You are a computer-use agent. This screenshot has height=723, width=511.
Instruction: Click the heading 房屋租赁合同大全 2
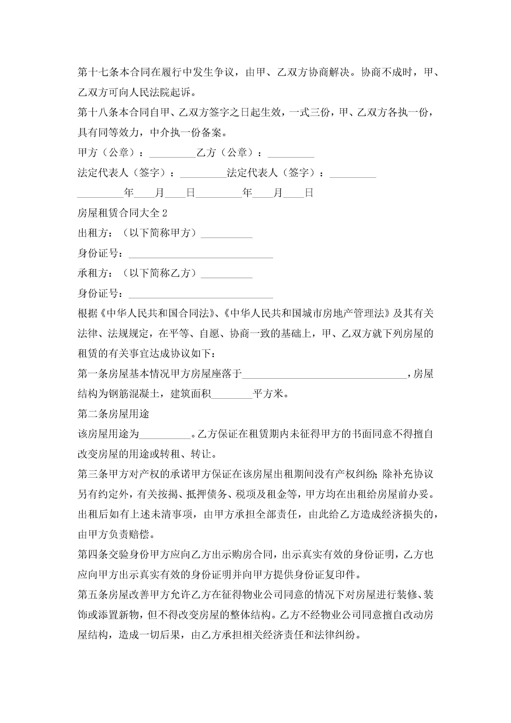pyautogui.click(x=122, y=213)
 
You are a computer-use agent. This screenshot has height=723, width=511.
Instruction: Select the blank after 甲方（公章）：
pyautogui.click(x=172, y=153)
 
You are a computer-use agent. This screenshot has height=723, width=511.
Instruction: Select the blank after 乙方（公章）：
pyautogui.click(x=291, y=153)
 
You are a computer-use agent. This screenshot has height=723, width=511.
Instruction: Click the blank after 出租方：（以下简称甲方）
pyautogui.click(x=226, y=234)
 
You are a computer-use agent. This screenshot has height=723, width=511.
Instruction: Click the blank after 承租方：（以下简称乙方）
pyautogui.click(x=226, y=274)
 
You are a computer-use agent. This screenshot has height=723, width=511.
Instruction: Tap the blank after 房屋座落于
pyautogui.click(x=324, y=375)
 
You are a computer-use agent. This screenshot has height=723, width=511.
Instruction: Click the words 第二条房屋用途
pyautogui.click(x=113, y=414)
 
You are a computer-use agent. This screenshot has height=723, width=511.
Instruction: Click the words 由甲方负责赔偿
pyautogui.click(x=113, y=534)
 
